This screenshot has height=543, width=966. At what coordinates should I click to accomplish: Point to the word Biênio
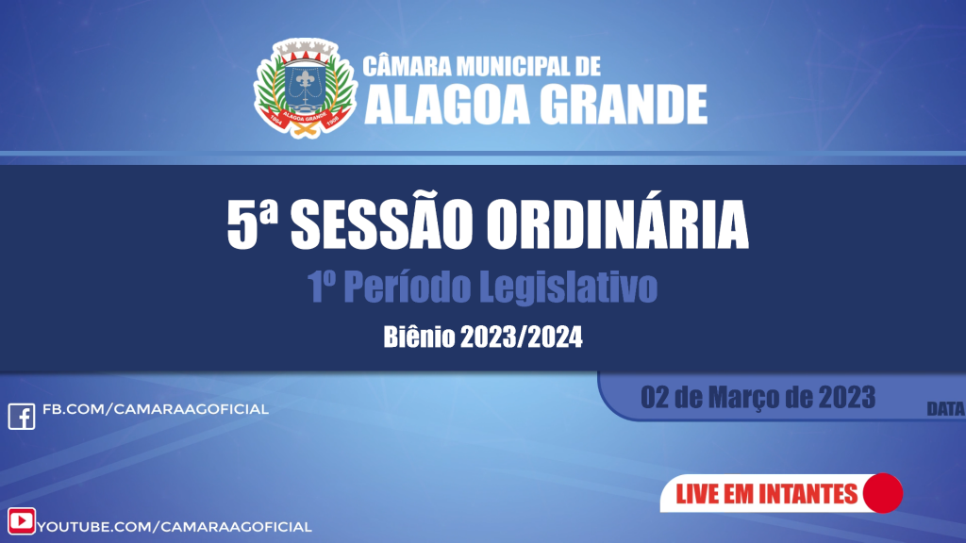coord(419,337)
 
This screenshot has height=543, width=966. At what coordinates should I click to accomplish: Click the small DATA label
coord(945,409)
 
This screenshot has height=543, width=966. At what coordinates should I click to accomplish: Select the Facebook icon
coord(21,415)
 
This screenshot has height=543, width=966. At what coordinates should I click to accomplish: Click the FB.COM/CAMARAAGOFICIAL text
coord(156,409)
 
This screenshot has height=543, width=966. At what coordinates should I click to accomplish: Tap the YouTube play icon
coord(21,521)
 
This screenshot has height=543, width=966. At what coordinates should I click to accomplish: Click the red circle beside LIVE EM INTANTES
coord(883,493)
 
